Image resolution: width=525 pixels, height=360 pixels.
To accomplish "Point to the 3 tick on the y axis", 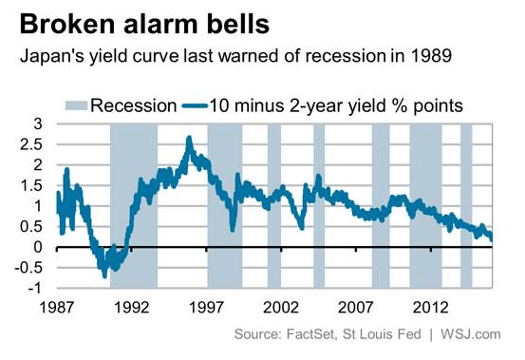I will (37, 123).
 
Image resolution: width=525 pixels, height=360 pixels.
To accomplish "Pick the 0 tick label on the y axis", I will (37, 247).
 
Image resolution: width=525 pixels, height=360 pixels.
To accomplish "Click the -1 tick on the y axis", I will (34, 288).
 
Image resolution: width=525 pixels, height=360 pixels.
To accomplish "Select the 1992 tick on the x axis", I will (131, 308).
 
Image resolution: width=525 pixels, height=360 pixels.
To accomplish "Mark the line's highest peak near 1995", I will (189, 139).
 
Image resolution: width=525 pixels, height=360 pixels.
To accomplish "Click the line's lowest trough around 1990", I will (104, 275).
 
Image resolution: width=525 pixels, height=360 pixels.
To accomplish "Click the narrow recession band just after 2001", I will (274, 205).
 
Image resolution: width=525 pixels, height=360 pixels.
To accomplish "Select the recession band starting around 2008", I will (380, 205).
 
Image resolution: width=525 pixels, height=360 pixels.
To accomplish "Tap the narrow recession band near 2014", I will (466, 205).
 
